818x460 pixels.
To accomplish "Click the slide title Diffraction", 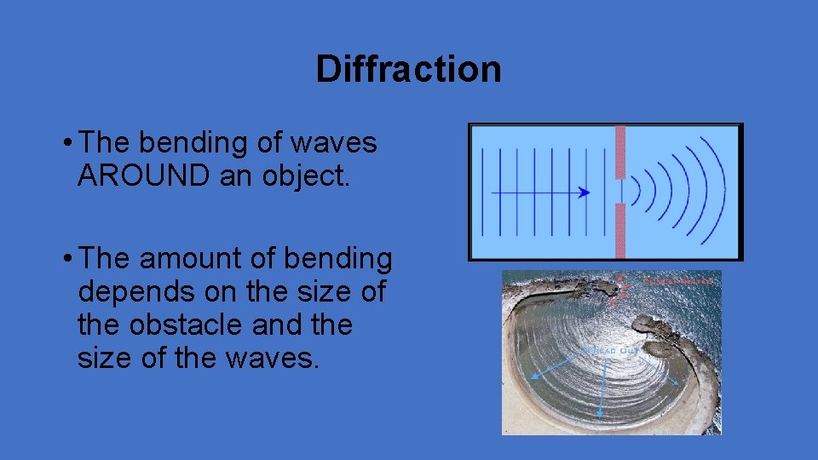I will [x=408, y=69].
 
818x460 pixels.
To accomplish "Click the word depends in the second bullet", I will [x=130, y=291].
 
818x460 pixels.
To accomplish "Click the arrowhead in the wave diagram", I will [x=584, y=193].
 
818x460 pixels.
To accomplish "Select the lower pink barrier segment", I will [x=620, y=231].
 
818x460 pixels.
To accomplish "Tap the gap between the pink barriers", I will [x=620, y=192].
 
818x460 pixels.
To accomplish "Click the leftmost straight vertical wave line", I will [x=482, y=192].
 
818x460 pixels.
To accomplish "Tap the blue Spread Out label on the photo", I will [x=609, y=350].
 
